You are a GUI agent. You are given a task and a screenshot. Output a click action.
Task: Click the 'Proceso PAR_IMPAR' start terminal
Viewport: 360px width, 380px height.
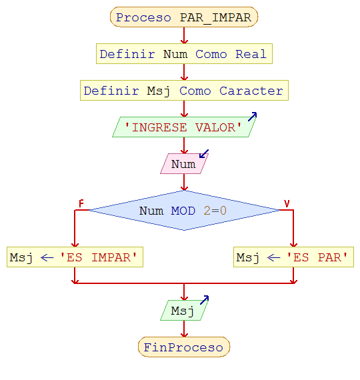click(x=184, y=17)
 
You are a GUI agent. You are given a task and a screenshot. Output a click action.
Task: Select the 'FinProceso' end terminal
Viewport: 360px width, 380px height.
click(x=184, y=347)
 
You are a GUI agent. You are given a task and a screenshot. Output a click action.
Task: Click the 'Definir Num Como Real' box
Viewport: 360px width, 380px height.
click(x=184, y=54)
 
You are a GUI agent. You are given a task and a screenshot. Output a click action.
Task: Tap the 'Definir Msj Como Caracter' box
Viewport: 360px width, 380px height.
click(x=184, y=91)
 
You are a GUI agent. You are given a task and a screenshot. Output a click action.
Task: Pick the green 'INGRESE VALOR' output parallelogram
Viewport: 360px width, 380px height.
click(x=184, y=127)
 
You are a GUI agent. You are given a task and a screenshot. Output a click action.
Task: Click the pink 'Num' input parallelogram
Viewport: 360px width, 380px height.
click(x=184, y=164)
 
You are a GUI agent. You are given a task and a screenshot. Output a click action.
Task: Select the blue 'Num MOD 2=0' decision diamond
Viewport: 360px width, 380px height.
click(x=184, y=211)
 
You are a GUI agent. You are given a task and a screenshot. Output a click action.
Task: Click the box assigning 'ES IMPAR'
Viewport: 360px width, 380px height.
click(x=75, y=257)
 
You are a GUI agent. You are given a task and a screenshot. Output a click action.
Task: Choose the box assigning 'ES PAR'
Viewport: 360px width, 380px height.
click(x=293, y=257)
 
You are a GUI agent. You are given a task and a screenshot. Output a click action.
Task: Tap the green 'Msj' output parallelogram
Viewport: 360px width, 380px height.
click(x=184, y=311)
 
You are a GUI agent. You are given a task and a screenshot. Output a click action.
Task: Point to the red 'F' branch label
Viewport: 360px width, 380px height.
click(x=81, y=203)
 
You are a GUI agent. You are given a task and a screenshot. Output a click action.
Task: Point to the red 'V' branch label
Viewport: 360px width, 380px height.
click(x=287, y=203)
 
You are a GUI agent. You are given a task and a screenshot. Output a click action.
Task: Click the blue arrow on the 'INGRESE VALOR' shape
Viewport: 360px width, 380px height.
click(x=252, y=117)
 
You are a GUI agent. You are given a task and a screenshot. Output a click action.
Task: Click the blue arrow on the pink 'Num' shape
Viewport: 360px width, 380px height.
click(x=204, y=154)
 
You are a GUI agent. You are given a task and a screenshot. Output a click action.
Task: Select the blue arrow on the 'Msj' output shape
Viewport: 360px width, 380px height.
click(x=204, y=301)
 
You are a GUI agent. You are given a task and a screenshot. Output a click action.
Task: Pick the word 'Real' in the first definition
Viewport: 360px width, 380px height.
click(x=251, y=54)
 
